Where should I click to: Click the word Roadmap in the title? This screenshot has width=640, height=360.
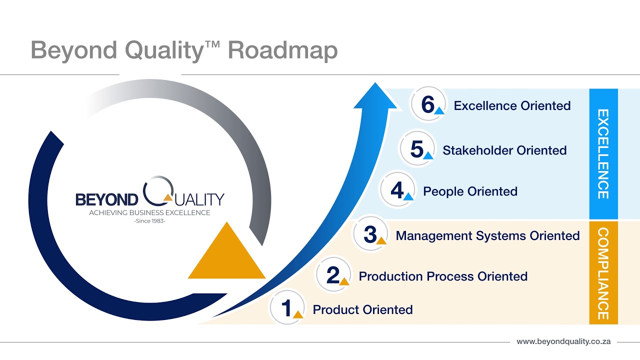pyautogui.click(x=282, y=50)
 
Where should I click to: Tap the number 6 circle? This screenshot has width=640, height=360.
pyautogui.click(x=428, y=105)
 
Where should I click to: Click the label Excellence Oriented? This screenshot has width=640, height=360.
pyautogui.click(x=512, y=106)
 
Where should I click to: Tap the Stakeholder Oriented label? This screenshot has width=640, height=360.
pyautogui.click(x=504, y=150)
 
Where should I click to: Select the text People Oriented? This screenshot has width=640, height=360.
pyautogui.click(x=470, y=191)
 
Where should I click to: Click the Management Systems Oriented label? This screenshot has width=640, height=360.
pyautogui.click(x=487, y=235)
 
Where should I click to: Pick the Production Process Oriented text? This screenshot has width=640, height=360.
pyautogui.click(x=443, y=276)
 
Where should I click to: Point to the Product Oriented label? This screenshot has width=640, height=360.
pyautogui.click(x=362, y=310)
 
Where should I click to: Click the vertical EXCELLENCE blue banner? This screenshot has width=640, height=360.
pyautogui.click(x=603, y=154)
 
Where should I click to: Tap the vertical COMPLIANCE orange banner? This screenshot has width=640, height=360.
pyautogui.click(x=603, y=273)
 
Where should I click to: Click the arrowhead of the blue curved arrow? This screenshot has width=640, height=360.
pyautogui.click(x=375, y=97)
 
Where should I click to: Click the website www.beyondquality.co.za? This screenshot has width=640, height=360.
pyautogui.click(x=563, y=342)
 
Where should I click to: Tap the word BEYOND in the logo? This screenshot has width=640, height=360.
pyautogui.click(x=106, y=200)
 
